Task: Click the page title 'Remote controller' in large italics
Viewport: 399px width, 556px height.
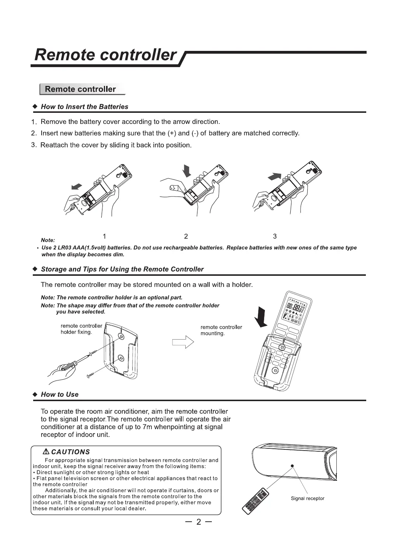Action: [105, 55]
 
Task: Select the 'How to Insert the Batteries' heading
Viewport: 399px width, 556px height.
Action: [84, 107]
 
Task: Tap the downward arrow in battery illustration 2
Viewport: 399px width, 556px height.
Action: [187, 170]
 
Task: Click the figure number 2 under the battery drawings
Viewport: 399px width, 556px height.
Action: [186, 236]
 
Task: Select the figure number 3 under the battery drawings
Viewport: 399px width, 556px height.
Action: [275, 236]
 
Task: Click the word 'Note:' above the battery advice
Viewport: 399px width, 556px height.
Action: [48, 240]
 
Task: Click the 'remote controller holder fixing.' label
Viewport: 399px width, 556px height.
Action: [81, 329]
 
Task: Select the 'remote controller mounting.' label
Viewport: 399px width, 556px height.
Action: [221, 330]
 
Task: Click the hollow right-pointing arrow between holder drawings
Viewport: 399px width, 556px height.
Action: [183, 342]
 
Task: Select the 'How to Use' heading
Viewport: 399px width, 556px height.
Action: [60, 395]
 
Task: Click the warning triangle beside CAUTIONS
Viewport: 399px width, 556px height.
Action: [46, 452]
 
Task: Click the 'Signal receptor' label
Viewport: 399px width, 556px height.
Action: [307, 498]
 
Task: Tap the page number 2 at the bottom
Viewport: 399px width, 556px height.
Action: [199, 522]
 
